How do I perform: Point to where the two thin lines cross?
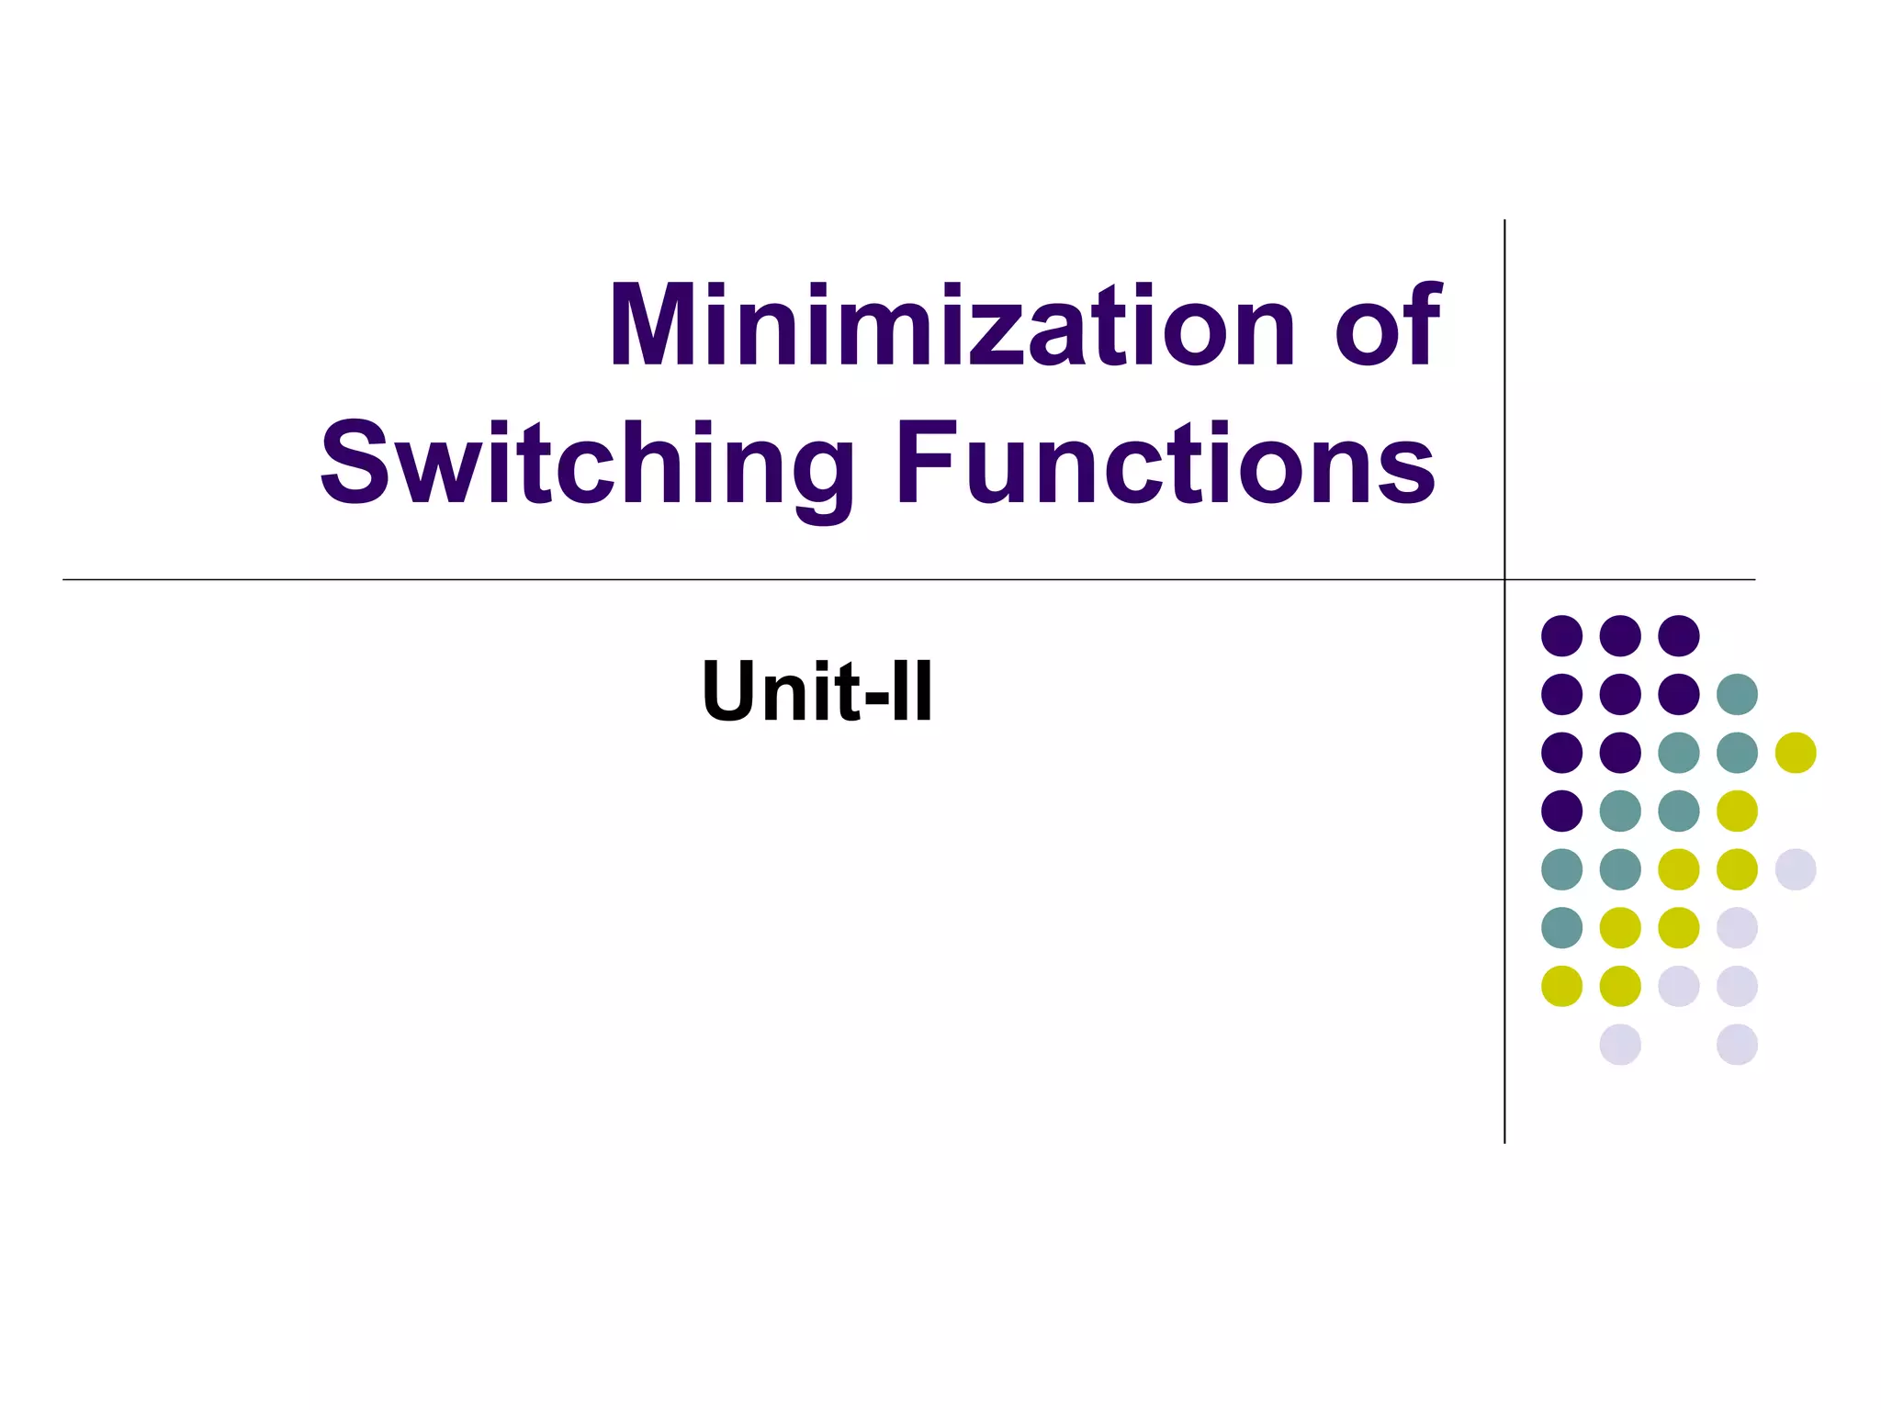(1504, 579)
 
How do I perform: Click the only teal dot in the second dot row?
(1737, 694)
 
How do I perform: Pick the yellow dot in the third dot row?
(1796, 753)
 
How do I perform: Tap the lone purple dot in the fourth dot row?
(1561, 811)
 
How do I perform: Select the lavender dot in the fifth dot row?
(1796, 869)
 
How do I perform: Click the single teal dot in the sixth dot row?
(1561, 927)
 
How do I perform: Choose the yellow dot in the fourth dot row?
(1737, 811)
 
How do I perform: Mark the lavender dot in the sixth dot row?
(1737, 927)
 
